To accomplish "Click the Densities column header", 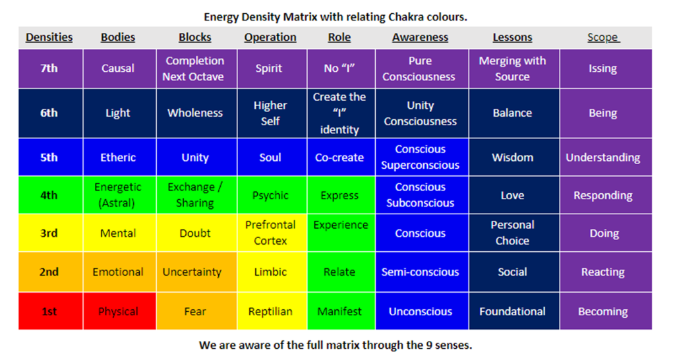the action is click(x=49, y=38).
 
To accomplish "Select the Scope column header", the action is click(x=603, y=38).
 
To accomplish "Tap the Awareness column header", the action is click(x=420, y=38).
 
